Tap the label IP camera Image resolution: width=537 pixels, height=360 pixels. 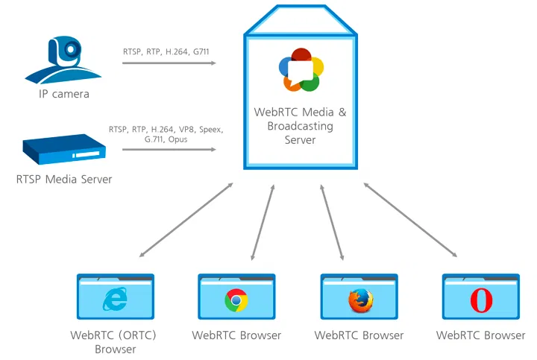(64, 94)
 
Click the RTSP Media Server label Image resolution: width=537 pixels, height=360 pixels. (64, 180)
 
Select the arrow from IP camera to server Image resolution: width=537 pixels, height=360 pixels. (169, 64)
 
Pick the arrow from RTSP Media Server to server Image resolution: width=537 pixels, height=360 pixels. (169, 150)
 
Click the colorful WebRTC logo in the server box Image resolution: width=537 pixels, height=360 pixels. (301, 70)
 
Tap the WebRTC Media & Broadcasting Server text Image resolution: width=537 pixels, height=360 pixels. (301, 125)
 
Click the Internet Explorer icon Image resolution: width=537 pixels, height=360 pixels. (116, 300)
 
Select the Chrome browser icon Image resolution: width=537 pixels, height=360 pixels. (236, 300)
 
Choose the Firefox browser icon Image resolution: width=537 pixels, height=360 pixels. (359, 300)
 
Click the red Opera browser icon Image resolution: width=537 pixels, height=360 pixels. (481, 300)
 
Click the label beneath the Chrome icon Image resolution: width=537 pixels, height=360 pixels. (236, 335)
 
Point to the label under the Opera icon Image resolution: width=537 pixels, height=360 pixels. (481, 335)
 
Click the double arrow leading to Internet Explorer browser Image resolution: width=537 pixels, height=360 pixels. (186, 221)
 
